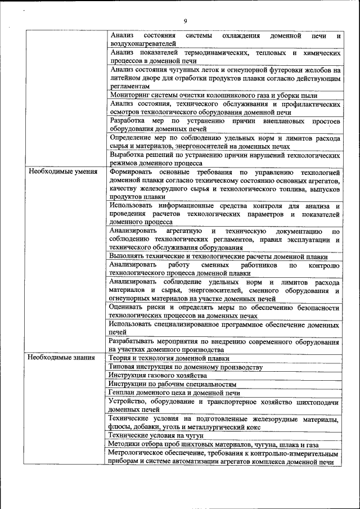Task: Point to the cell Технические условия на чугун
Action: click(x=155, y=435)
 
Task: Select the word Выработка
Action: click(x=128, y=155)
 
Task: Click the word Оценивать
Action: click(x=129, y=308)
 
